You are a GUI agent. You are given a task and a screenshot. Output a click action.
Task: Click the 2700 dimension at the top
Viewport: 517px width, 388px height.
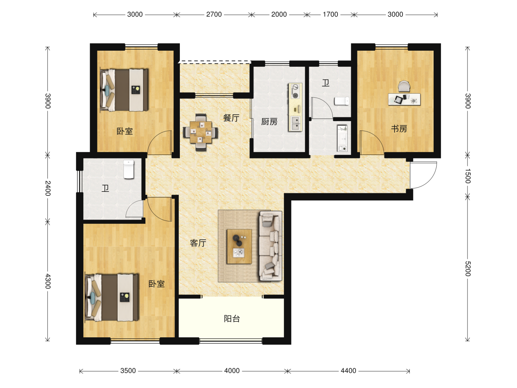click(x=214, y=15)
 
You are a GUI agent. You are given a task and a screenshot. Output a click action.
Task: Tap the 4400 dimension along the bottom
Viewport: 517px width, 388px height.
click(x=348, y=371)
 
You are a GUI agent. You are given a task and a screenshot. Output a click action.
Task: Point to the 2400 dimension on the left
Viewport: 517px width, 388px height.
click(x=48, y=188)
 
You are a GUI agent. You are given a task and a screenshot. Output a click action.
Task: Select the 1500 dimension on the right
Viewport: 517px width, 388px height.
click(x=467, y=176)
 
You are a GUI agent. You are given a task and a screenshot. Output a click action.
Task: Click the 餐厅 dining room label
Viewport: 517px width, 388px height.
click(x=231, y=118)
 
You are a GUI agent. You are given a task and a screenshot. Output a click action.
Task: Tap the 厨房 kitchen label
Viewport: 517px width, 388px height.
click(x=269, y=121)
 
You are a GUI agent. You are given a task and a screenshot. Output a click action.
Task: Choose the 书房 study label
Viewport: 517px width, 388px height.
click(x=399, y=129)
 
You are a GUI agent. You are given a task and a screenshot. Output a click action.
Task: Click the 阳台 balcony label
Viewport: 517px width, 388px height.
click(x=232, y=319)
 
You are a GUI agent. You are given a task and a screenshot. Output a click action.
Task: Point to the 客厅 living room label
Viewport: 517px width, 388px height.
click(x=198, y=243)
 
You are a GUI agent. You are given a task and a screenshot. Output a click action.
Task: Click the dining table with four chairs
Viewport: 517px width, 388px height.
click(x=200, y=132)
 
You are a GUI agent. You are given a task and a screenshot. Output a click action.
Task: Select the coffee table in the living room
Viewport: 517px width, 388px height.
click(x=239, y=246)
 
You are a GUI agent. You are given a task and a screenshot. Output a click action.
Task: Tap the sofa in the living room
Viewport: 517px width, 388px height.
click(x=271, y=246)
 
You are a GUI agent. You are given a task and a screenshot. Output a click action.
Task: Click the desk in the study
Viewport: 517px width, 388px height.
click(x=404, y=99)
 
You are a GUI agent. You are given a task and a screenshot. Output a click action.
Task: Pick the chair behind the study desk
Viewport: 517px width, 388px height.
click(x=404, y=87)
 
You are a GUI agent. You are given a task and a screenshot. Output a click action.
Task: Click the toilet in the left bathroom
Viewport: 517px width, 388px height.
click(x=129, y=169)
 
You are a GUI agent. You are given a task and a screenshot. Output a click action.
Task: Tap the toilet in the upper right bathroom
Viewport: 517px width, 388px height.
click(x=341, y=101)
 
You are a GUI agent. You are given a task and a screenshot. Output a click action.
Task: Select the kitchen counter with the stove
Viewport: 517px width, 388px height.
click(x=295, y=107)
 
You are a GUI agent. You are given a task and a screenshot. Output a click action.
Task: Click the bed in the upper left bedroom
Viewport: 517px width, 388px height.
click(x=124, y=90)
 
